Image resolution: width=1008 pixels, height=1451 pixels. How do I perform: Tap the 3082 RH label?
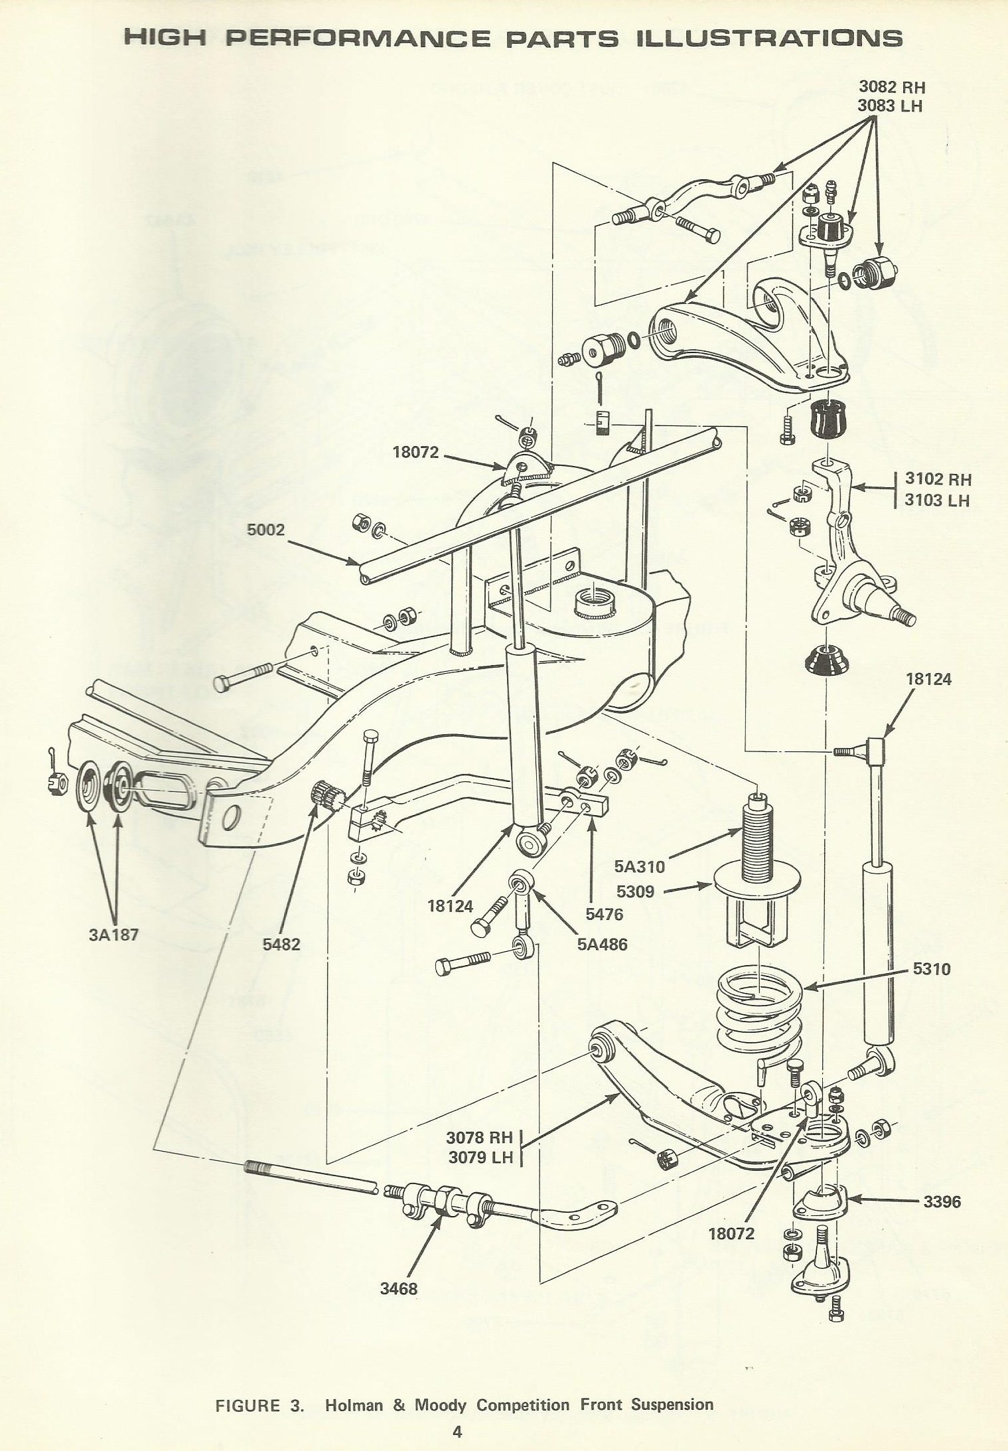point(891,87)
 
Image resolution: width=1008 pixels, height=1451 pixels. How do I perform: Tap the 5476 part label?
point(605,914)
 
